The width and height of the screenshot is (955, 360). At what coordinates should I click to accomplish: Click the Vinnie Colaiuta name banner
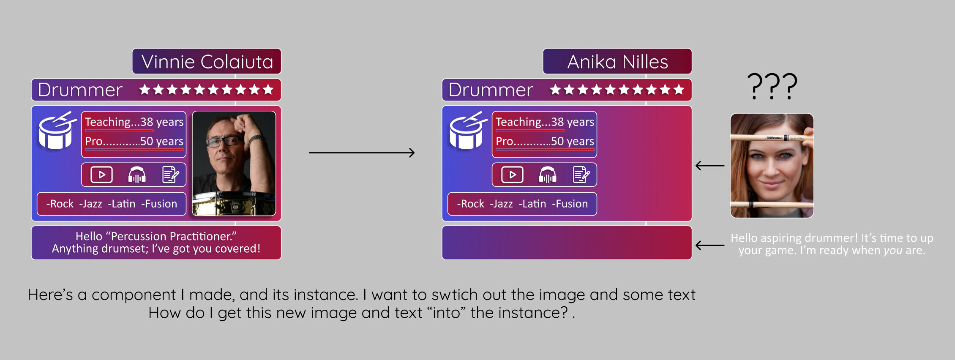coord(207,61)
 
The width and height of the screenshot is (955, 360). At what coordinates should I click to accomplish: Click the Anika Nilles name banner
coord(617,61)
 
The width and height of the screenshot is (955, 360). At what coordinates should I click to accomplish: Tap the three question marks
coord(772,86)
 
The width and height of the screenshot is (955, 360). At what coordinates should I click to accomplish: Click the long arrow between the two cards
coord(362,153)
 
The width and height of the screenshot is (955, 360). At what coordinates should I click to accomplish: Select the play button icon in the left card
coord(102,175)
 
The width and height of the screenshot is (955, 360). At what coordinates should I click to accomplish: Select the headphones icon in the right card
coord(548,175)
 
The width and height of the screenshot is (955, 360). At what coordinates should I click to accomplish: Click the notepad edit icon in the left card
coord(171,175)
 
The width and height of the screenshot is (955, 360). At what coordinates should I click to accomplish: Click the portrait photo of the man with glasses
coord(234,164)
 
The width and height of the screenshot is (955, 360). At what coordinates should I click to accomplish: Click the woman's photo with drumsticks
coord(772,166)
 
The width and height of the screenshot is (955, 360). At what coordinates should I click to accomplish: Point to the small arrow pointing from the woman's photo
coord(710,166)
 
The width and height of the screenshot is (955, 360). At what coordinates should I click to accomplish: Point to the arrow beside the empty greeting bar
coord(710,245)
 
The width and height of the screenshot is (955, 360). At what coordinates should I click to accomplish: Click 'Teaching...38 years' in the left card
coord(134,122)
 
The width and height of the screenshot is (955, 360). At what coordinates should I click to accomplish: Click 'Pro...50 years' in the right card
coord(545,141)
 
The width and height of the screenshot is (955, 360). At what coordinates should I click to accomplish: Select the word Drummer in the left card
coord(80,90)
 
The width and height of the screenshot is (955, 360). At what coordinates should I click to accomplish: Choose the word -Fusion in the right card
coord(570,204)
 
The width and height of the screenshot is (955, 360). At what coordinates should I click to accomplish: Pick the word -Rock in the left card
coord(60,204)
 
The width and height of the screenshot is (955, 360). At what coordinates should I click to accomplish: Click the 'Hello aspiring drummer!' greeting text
coord(832,244)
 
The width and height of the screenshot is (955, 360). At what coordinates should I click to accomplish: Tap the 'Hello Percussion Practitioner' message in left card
coord(156,242)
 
